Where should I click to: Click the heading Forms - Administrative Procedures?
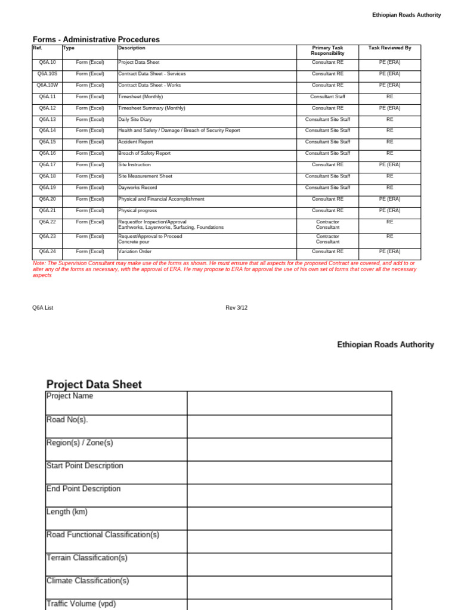(x=96, y=40)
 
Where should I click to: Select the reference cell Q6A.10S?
(x=47, y=74)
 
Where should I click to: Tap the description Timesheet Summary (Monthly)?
(x=151, y=108)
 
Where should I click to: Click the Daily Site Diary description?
(x=135, y=120)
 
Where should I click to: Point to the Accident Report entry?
(x=135, y=142)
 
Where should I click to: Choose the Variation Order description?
(x=135, y=251)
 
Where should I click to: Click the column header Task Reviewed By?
(x=389, y=48)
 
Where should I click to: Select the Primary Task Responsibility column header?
(x=327, y=51)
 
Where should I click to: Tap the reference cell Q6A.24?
(x=47, y=251)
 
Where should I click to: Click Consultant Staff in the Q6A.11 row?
(x=327, y=97)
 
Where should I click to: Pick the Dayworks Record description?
(x=138, y=188)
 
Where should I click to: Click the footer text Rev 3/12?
(x=236, y=308)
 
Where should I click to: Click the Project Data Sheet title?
(x=94, y=384)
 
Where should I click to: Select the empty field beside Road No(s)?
(x=289, y=426)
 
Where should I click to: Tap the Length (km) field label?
(x=67, y=512)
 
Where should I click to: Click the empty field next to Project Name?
(x=289, y=403)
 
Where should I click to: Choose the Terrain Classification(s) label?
(x=87, y=558)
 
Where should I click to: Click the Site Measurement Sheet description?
(x=146, y=176)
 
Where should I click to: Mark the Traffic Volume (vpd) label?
(x=81, y=603)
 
